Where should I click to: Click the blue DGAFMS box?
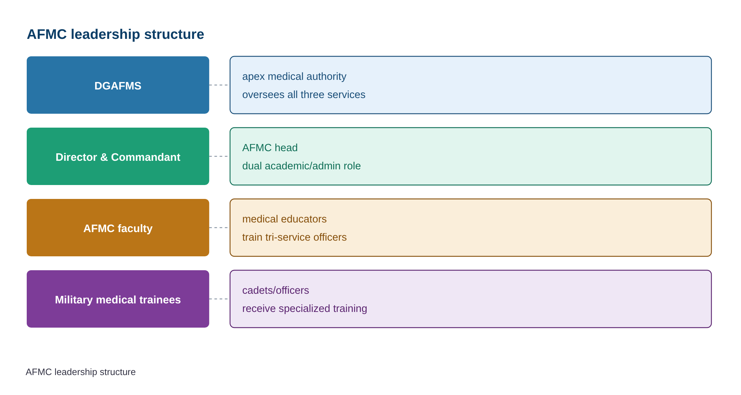[x=118, y=85]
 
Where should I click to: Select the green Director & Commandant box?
[x=118, y=157]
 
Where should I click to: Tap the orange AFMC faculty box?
[x=118, y=228]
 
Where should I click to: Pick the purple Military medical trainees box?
[x=118, y=299]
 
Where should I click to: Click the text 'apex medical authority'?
[x=294, y=77]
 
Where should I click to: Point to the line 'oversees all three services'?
[x=304, y=94]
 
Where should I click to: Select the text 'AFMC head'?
[x=270, y=148]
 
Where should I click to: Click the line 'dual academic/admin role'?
[x=301, y=166]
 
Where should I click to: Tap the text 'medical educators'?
[x=284, y=219]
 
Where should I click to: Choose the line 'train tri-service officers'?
[x=294, y=237]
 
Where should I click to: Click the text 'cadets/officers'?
[x=276, y=290]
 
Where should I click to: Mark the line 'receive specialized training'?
[x=305, y=308]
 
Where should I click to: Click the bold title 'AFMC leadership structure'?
[x=115, y=35]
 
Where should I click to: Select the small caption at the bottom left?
[x=81, y=372]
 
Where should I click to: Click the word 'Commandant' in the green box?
[x=146, y=157]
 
